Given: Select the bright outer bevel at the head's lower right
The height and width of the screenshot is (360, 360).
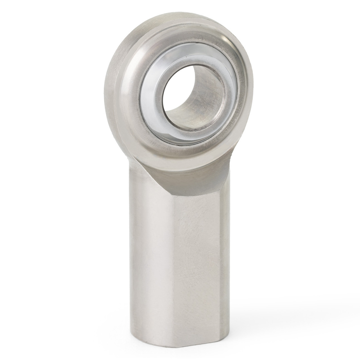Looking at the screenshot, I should (x=233, y=149).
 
